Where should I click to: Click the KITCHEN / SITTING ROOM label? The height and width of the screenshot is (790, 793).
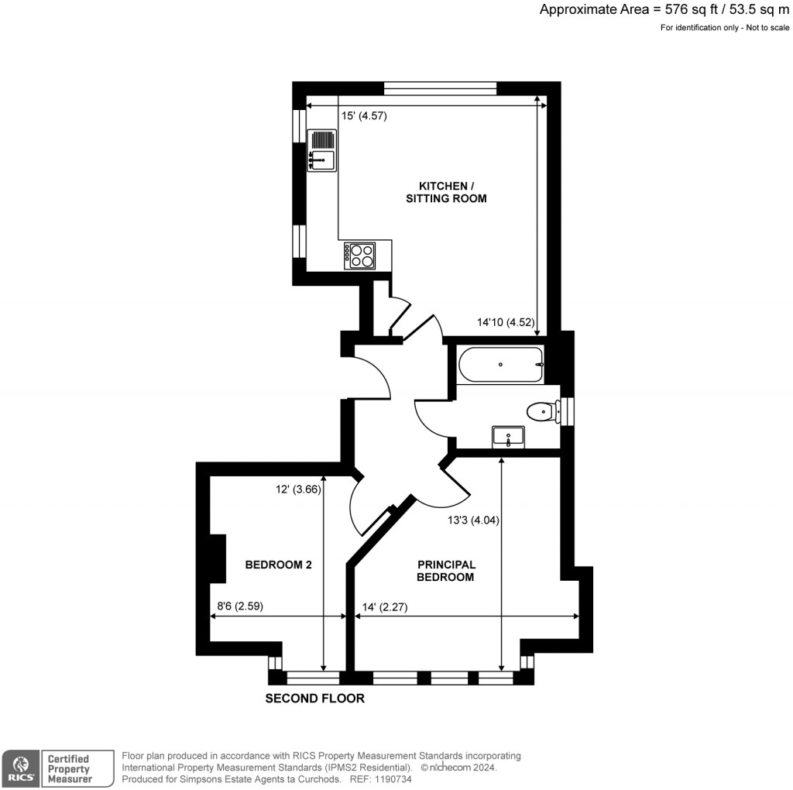(446, 192)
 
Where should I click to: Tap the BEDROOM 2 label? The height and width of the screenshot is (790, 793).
(278, 565)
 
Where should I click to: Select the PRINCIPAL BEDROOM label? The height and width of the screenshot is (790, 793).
(445, 571)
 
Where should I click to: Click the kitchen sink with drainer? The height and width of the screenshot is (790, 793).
(321, 150)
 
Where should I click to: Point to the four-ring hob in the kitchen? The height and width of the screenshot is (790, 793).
(360, 255)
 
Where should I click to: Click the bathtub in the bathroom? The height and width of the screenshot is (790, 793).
(499, 365)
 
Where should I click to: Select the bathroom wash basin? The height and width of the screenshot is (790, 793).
(508, 437)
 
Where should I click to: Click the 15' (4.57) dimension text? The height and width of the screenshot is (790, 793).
(364, 116)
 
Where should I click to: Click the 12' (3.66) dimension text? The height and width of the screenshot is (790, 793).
(298, 489)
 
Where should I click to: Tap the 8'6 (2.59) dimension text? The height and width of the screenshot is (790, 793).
(240, 606)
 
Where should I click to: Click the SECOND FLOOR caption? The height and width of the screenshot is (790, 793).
(314, 699)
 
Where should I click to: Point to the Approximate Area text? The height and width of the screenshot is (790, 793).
(664, 9)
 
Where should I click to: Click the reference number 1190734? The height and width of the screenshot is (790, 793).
(394, 779)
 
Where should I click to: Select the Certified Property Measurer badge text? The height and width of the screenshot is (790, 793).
(68, 769)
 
